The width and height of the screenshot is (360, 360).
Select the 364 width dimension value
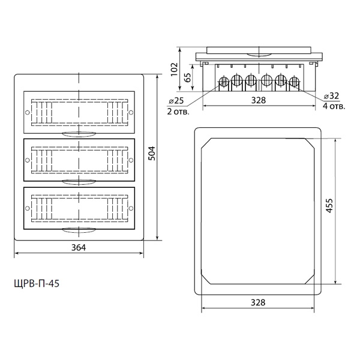click(79, 247)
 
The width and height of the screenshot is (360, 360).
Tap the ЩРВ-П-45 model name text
click(37, 284)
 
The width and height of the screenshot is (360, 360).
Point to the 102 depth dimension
click(175, 69)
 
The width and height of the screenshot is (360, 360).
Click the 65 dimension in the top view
click(188, 78)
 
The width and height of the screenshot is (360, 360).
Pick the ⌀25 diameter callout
click(176, 101)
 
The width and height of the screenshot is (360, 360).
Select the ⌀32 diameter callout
click(331, 96)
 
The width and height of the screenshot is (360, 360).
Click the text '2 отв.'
click(178, 112)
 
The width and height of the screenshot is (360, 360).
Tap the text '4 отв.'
click(334, 106)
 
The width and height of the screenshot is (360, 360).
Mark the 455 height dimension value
click(329, 206)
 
